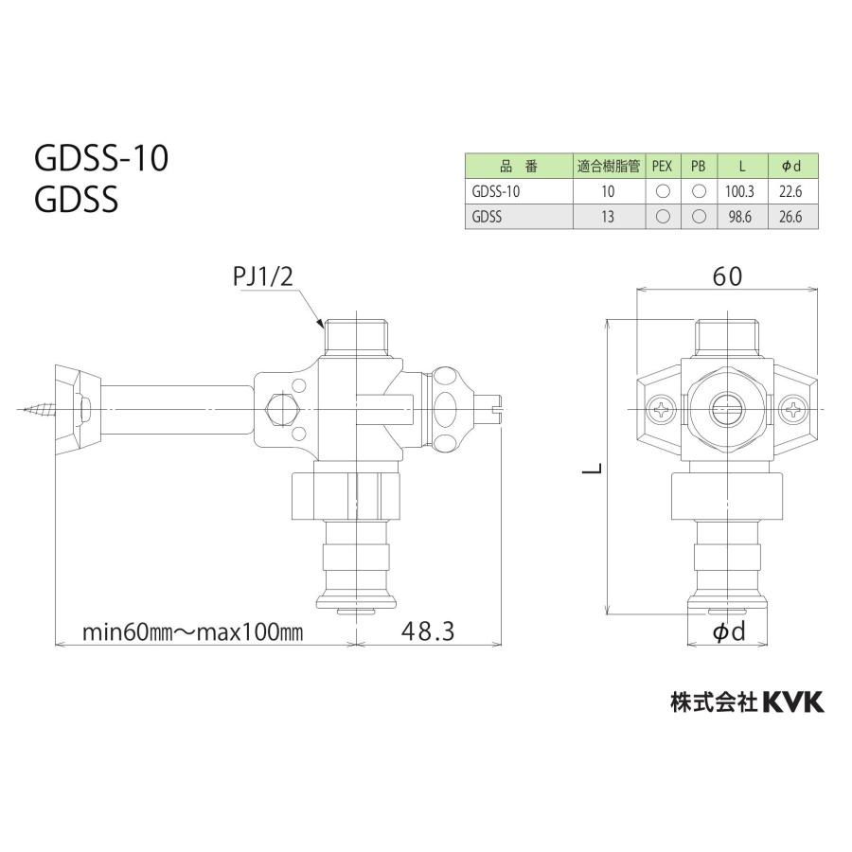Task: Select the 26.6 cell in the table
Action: click(x=791, y=216)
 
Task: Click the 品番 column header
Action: click(x=518, y=166)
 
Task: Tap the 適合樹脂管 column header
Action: click(x=608, y=166)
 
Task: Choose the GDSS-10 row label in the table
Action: click(x=496, y=190)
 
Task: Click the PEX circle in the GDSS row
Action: click(x=663, y=216)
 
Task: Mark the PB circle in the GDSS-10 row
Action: click(x=699, y=190)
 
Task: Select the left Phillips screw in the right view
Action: click(x=660, y=410)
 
